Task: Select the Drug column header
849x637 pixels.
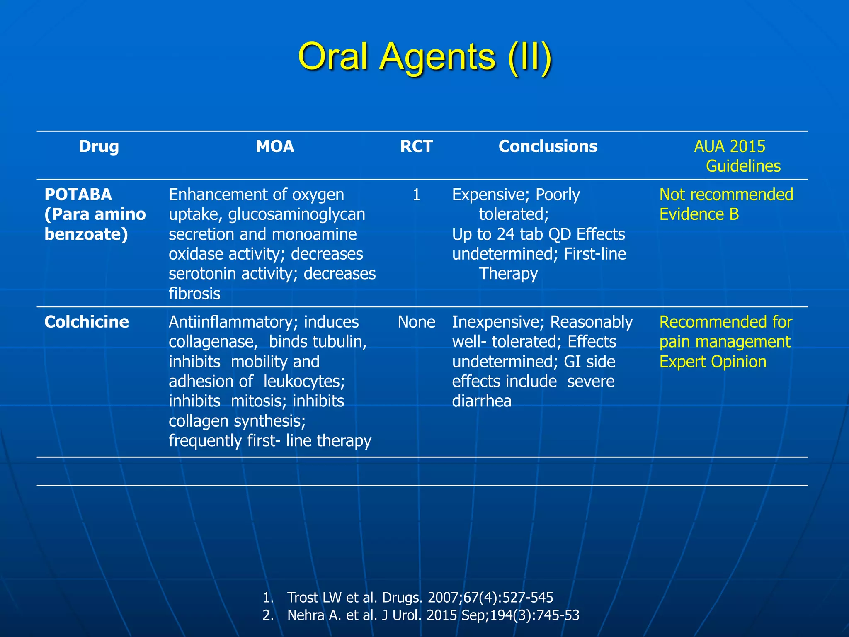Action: pos(99,146)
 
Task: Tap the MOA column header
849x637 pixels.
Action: pos(275,146)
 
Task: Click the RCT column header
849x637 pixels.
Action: pos(416,146)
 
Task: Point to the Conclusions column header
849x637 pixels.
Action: pos(548,146)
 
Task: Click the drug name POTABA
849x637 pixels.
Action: pos(78,195)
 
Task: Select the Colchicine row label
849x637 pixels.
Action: pos(87,322)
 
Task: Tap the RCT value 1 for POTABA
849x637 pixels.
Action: pos(416,195)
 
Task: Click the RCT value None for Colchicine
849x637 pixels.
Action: pos(416,322)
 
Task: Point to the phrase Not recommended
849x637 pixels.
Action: pos(726,195)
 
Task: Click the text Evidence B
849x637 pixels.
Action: pos(699,214)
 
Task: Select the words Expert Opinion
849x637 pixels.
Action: pos(713,362)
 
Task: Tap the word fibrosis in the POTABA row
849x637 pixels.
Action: pos(194,294)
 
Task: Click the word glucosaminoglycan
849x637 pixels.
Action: pos(296,214)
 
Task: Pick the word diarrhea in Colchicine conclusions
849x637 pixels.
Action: pos(481,401)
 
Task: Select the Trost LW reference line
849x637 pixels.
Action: pos(420,597)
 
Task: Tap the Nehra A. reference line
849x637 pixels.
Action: pos(433,615)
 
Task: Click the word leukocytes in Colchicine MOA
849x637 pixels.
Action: pos(304,381)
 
